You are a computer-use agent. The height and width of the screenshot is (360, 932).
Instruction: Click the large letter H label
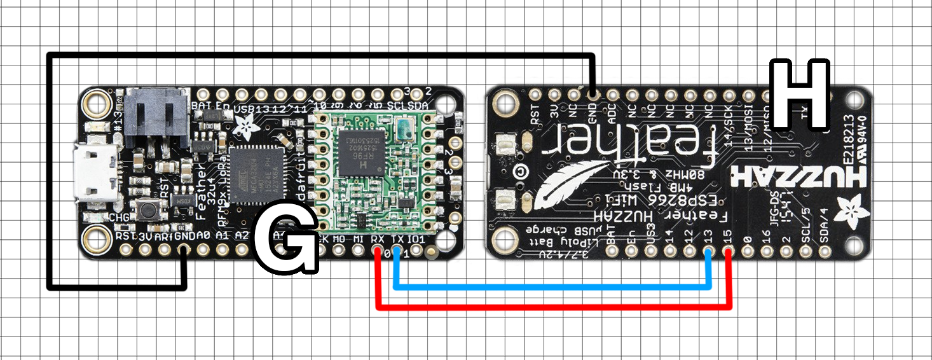pos(799,93)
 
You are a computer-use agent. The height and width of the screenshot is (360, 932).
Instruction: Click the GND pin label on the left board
pos(184,235)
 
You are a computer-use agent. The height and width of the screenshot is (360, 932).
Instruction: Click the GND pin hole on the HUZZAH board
pos(593,95)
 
